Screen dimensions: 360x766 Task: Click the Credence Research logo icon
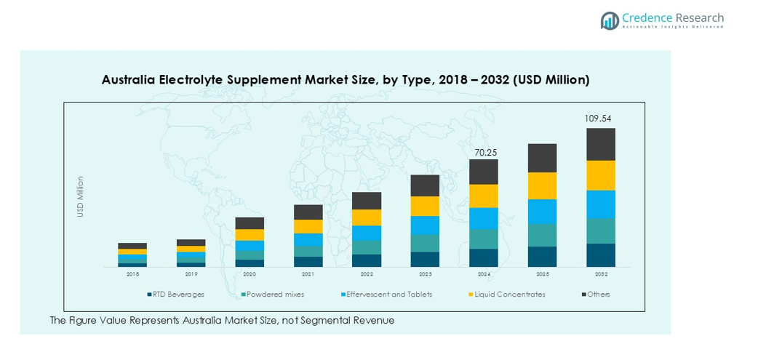click(610, 20)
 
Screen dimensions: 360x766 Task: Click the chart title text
click(346, 79)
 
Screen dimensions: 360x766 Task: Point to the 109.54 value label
click(600, 118)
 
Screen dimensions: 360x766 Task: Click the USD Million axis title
click(81, 196)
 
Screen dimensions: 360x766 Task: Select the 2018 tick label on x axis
click(132, 275)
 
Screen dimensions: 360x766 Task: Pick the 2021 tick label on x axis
click(308, 275)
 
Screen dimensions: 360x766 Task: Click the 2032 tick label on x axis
click(601, 275)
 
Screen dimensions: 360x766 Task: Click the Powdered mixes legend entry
click(275, 295)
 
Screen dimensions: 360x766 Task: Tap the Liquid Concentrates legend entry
click(509, 295)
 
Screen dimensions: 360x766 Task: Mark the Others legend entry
click(599, 295)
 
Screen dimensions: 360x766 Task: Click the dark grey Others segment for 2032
click(601, 144)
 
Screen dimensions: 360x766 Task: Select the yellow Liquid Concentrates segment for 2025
click(542, 186)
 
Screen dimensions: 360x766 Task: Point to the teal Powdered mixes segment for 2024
click(484, 239)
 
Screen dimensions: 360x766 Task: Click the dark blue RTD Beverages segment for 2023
click(425, 260)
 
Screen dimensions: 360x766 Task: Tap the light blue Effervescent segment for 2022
click(367, 233)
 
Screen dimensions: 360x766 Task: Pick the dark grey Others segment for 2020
click(250, 223)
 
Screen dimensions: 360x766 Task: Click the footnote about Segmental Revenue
click(222, 321)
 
